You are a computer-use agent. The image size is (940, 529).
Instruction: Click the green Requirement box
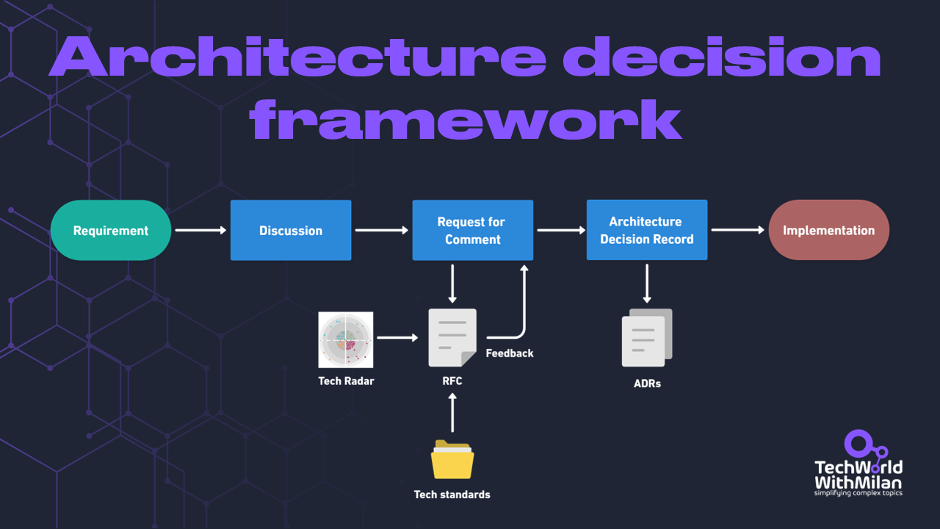[x=111, y=230]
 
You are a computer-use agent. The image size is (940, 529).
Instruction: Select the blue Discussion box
[x=291, y=230]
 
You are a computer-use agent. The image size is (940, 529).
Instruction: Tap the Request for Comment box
[x=472, y=230]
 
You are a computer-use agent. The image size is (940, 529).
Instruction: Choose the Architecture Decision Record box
[x=646, y=230]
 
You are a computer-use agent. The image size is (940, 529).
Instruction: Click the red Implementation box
[x=828, y=230]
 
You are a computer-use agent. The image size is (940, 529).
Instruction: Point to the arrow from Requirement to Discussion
[x=200, y=231]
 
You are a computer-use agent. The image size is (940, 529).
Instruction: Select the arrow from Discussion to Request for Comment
[x=381, y=231]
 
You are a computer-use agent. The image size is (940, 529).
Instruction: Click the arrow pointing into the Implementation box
[x=737, y=230]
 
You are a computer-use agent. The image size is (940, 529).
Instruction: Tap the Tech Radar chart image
[x=346, y=339]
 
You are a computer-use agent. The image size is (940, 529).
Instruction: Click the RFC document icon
[x=452, y=337]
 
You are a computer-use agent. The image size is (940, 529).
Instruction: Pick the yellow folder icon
[x=452, y=460]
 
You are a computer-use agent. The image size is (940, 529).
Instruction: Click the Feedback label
[x=510, y=353]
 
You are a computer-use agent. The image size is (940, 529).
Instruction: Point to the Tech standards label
[x=452, y=494]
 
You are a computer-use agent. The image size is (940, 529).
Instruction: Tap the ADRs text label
[x=647, y=384]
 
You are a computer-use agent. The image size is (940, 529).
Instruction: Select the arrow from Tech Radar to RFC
[x=397, y=338]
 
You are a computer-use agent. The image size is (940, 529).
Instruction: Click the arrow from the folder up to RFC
[x=452, y=413]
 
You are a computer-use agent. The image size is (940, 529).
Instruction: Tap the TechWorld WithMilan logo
[x=858, y=467]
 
